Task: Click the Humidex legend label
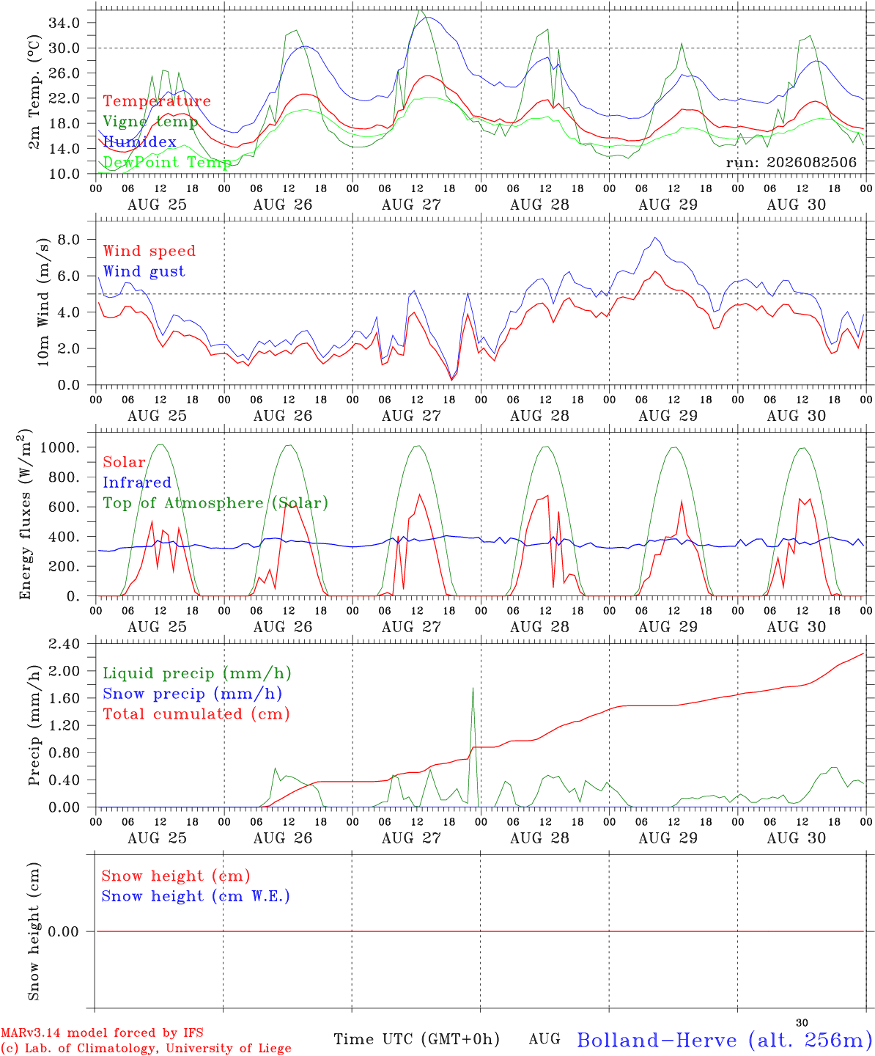[x=139, y=142]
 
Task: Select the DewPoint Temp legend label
[x=167, y=162]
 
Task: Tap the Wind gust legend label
[x=144, y=271]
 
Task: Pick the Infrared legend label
[x=137, y=482]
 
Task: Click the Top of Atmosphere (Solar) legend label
[x=216, y=503]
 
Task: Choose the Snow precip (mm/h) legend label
[x=192, y=694]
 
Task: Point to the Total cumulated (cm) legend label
[x=196, y=714]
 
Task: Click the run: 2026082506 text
[x=791, y=162]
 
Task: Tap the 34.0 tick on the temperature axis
[x=64, y=23]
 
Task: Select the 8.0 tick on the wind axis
[x=69, y=239]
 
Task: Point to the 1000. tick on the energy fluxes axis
[x=59, y=447]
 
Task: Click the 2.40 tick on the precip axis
[x=64, y=644]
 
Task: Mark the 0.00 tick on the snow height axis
[x=63, y=931]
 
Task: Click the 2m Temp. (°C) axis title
[x=34, y=92]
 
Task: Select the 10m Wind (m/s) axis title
[x=43, y=302]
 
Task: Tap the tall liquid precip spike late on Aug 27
[x=473, y=689]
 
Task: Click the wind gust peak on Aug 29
[x=655, y=237]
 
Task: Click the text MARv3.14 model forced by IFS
[x=102, y=1033]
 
